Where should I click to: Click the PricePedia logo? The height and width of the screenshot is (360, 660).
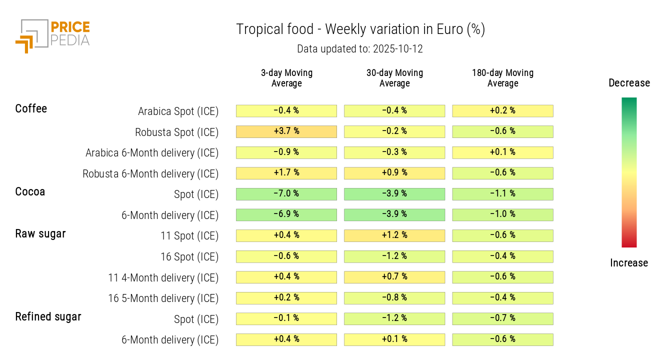click(x=52, y=35)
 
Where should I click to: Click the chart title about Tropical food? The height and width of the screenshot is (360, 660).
click(x=360, y=29)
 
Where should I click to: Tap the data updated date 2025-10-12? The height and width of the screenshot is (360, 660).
click(x=360, y=49)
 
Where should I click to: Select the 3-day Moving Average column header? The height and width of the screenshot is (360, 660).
click(x=286, y=78)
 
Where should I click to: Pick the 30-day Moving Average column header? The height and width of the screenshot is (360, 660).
click(x=394, y=78)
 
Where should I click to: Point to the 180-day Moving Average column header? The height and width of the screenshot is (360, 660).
click(x=502, y=78)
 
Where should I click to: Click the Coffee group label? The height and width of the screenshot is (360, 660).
click(x=31, y=108)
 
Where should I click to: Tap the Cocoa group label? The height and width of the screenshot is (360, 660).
click(x=30, y=191)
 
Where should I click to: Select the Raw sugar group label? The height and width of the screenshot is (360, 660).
click(x=40, y=233)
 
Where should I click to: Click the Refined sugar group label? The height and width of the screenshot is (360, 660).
click(x=48, y=316)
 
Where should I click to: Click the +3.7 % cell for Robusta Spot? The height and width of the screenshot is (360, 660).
click(x=286, y=131)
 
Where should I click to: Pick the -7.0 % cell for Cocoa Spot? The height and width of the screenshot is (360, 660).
click(x=286, y=194)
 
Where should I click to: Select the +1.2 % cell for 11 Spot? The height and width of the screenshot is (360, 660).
click(x=394, y=235)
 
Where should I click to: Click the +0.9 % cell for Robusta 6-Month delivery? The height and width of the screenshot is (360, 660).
click(x=394, y=173)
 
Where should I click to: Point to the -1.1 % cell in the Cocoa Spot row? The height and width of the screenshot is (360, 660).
click(x=502, y=194)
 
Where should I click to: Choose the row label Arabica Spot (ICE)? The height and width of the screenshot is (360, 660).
click(x=178, y=111)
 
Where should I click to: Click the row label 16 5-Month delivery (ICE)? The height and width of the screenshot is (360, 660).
click(x=163, y=298)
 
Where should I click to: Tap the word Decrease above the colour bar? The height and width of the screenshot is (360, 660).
click(x=629, y=83)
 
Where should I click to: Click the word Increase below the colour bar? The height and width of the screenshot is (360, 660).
click(x=629, y=263)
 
